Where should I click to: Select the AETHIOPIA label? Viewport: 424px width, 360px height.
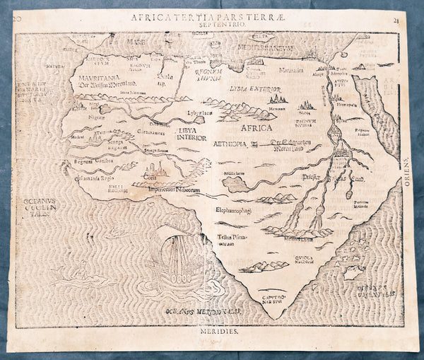click(230, 143)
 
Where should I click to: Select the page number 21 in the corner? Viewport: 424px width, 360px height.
click(413, 14)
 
